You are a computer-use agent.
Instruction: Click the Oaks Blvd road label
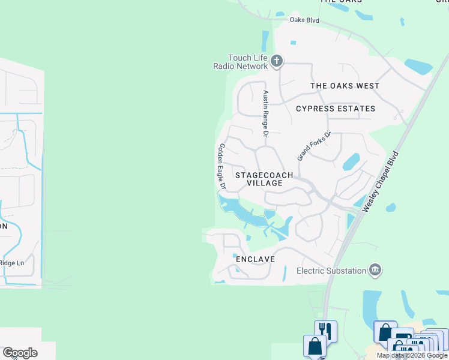coord(304,20)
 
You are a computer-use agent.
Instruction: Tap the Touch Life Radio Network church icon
coord(276,60)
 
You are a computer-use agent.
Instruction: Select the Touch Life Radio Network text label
coord(240,62)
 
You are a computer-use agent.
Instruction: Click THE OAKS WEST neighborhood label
coord(345,86)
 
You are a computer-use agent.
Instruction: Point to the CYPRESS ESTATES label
coord(336,109)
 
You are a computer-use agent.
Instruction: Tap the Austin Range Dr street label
coord(265,113)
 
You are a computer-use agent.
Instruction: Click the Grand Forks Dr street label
coord(314,146)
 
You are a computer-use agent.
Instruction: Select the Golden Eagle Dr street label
coord(221,166)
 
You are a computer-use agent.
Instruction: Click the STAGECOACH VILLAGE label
coord(264,179)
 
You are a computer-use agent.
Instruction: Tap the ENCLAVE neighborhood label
coord(255,259)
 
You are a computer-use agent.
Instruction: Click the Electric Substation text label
coord(331,271)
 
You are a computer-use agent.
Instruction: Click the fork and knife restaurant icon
coord(325,329)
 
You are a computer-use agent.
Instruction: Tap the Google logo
coord(20,352)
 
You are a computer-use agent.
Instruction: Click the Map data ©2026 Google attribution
coord(412,355)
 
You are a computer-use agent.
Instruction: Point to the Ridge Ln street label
coord(11,262)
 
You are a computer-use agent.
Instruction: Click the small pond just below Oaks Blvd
coord(293,43)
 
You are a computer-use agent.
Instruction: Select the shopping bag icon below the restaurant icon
coord(315,346)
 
